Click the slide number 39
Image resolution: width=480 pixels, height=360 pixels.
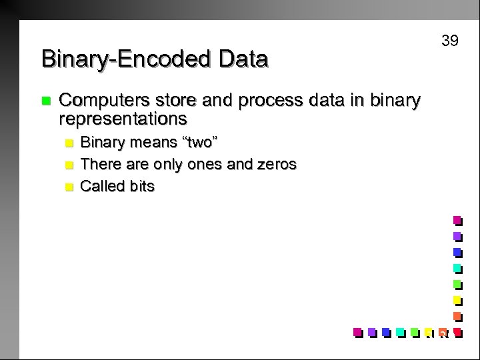click(x=450, y=41)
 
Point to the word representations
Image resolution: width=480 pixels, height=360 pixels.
click(x=123, y=119)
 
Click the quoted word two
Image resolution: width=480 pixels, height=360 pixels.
click(x=199, y=142)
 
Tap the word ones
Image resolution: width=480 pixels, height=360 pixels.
click(x=199, y=164)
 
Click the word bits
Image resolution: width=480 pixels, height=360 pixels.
click(x=142, y=186)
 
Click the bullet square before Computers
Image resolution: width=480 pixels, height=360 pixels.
click(x=45, y=101)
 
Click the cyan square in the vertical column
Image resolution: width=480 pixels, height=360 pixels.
click(x=457, y=268)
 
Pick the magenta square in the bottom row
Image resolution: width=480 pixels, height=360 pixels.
click(x=357, y=331)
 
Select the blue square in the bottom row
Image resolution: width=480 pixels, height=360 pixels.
click(x=385, y=331)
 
